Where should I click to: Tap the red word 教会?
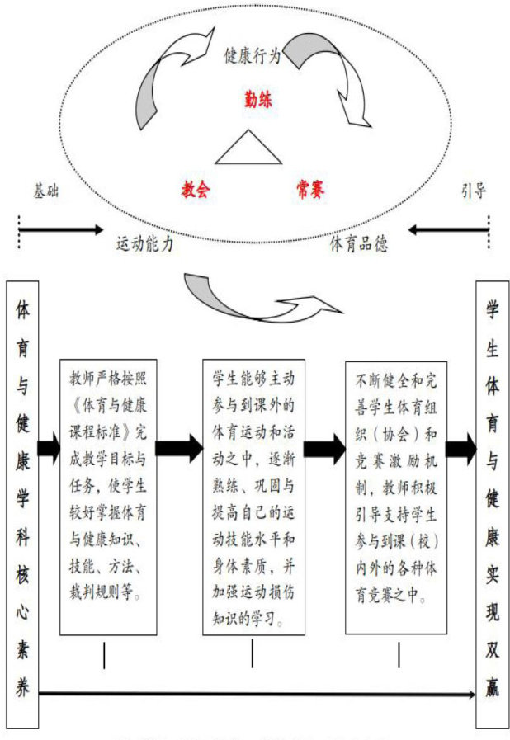196,190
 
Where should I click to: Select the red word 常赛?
310,190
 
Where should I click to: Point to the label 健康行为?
253,56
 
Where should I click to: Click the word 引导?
473,191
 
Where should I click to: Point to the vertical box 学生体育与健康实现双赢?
491,503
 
